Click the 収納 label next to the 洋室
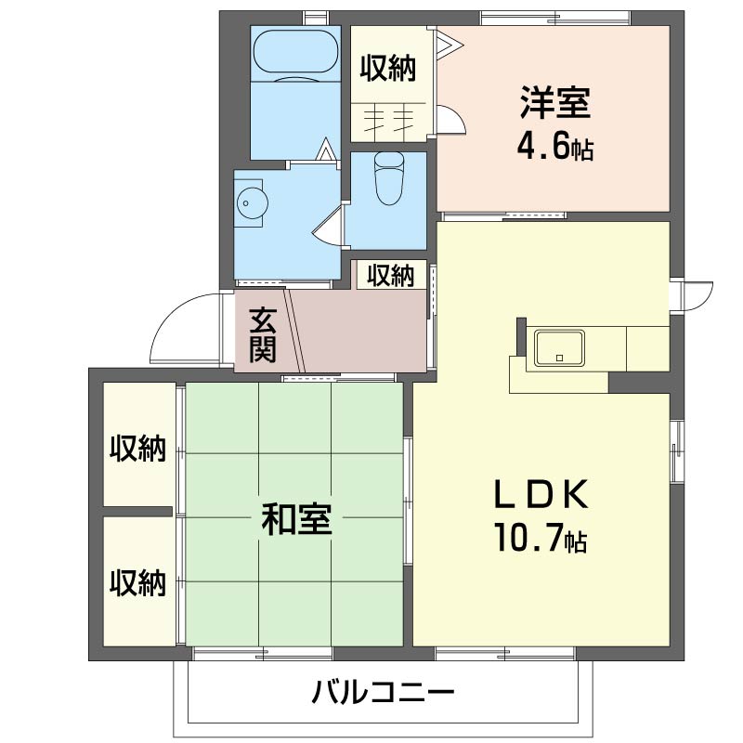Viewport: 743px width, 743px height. coord(388,68)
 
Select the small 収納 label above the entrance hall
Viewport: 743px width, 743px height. coord(389,275)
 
